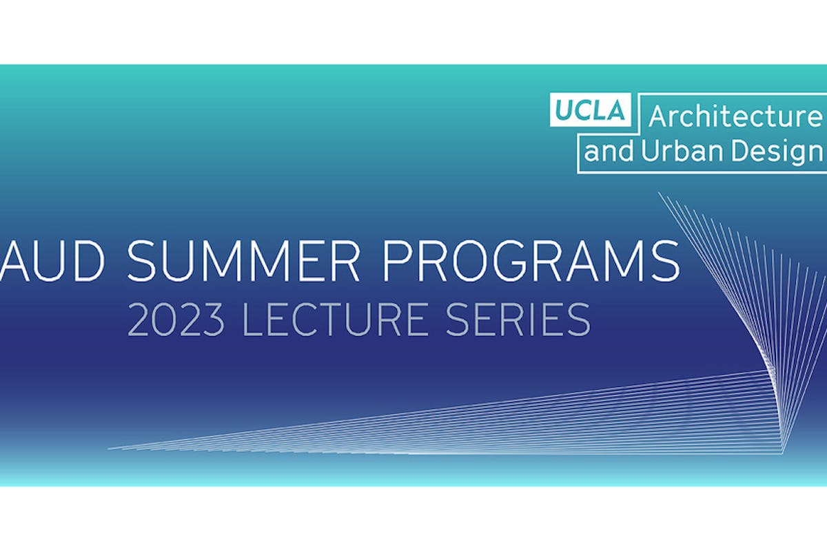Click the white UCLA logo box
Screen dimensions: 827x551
(591, 110)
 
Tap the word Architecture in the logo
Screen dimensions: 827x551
(735, 116)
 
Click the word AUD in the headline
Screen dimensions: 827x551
(52, 261)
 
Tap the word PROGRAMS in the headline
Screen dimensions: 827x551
(531, 261)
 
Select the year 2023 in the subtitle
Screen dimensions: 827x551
(176, 320)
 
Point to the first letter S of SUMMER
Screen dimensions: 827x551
(143, 261)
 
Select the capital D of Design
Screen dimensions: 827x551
(740, 151)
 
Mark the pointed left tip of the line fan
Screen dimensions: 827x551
(108, 449)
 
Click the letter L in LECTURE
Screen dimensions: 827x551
(253, 320)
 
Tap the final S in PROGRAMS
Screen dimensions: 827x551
(664, 261)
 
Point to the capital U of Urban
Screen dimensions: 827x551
(651, 151)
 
